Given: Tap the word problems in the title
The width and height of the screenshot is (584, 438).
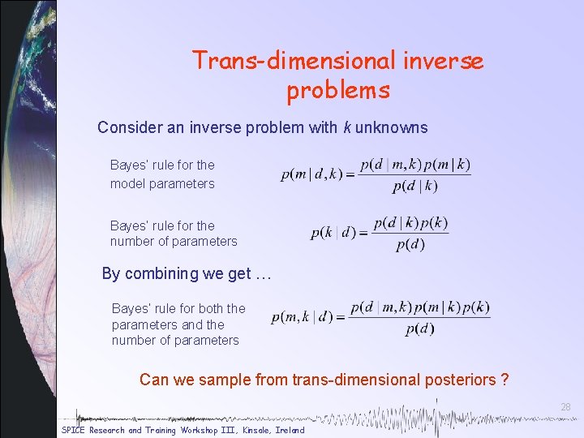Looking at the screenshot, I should coord(337,90).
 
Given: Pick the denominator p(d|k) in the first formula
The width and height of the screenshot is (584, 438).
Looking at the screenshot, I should coord(414,187).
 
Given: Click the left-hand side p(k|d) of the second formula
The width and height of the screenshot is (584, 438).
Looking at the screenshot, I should coord(333,234).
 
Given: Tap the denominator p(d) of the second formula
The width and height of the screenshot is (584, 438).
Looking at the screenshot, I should coord(410,244).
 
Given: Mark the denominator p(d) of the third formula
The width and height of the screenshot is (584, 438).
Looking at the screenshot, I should coord(419,328).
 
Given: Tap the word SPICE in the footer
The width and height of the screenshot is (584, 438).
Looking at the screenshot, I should coord(74,430).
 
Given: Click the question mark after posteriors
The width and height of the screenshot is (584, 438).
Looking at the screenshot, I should coord(505,379).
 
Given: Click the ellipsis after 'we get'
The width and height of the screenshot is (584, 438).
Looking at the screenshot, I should coord(261,274).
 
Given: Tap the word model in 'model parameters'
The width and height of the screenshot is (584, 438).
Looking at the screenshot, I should coord(127,183).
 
